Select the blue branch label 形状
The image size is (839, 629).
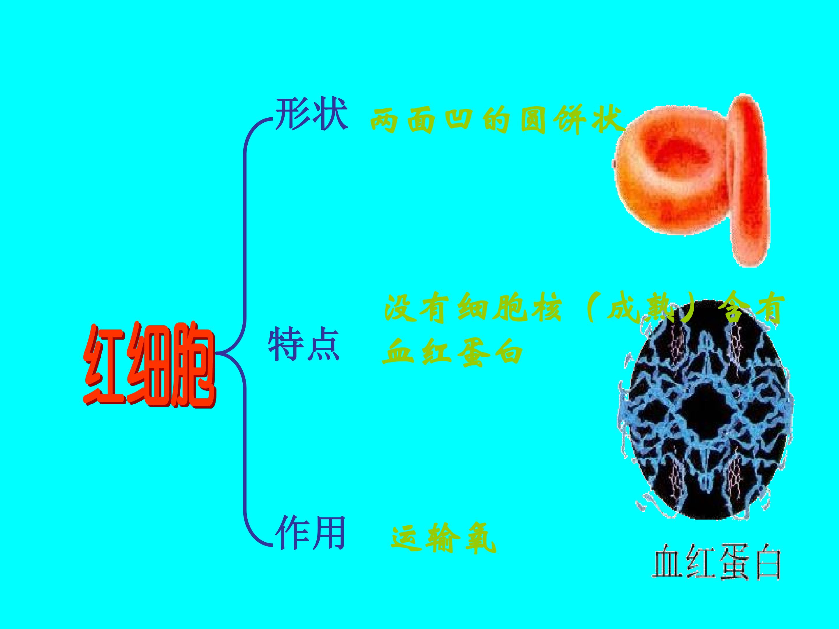(311, 114)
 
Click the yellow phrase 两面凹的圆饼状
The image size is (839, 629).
(497, 121)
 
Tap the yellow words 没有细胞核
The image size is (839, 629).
(473, 309)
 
